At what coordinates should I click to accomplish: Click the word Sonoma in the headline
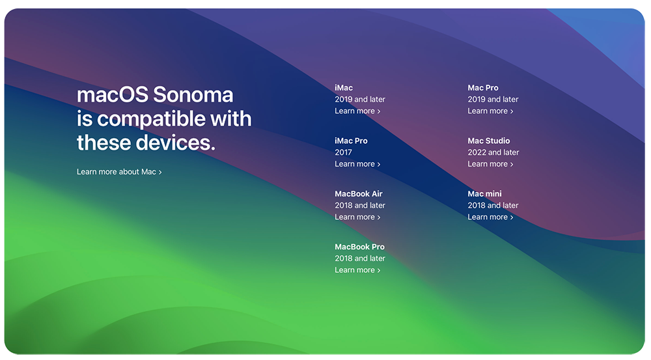click(x=193, y=94)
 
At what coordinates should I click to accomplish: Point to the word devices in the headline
click(x=176, y=143)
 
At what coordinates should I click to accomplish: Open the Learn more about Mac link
click(x=119, y=172)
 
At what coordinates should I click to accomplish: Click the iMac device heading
click(x=344, y=88)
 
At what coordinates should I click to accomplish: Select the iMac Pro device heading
click(x=352, y=141)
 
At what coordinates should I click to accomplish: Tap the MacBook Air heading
click(x=359, y=193)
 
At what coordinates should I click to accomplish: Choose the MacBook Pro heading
click(x=359, y=247)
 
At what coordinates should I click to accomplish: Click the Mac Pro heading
click(x=483, y=88)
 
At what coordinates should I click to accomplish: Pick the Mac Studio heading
click(x=489, y=141)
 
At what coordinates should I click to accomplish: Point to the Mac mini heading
click(x=484, y=193)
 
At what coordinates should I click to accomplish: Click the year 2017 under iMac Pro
click(x=343, y=152)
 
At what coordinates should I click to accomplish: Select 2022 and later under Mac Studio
click(x=493, y=152)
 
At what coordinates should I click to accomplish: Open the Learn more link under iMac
click(x=357, y=111)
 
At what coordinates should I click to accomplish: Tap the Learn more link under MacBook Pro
click(x=357, y=270)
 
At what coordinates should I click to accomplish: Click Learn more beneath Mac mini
click(x=490, y=217)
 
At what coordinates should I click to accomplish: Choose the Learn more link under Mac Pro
click(x=490, y=111)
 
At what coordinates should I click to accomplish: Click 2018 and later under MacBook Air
click(x=360, y=205)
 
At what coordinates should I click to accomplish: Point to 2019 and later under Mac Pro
click(x=493, y=99)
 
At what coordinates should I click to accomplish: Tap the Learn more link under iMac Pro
click(x=357, y=164)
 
